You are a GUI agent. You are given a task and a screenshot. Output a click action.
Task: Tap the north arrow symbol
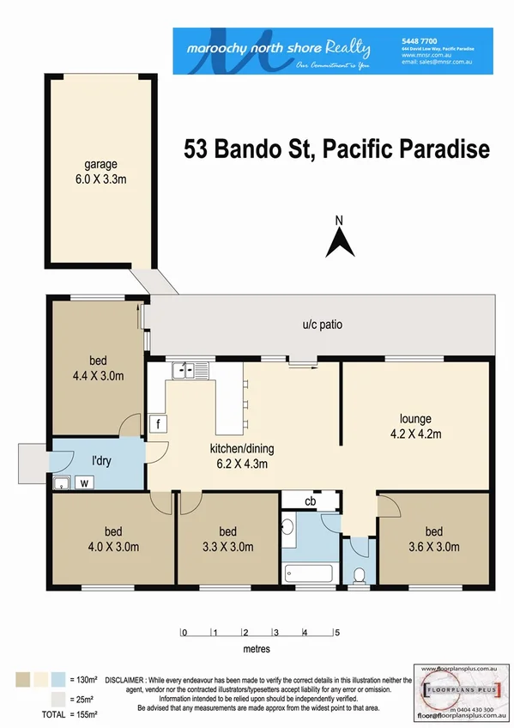pyautogui.click(x=340, y=237)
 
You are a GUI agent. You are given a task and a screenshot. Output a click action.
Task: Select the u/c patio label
pyautogui.click(x=322, y=325)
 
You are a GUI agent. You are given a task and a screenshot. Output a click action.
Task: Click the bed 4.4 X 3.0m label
pyautogui.click(x=96, y=368)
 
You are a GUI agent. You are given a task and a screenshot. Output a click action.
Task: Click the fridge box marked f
pyautogui.click(x=157, y=423)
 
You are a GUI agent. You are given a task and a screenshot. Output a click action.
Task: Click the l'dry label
pyautogui.click(x=103, y=460)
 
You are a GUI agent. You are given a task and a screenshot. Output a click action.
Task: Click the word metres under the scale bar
pyautogui.click(x=255, y=649)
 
